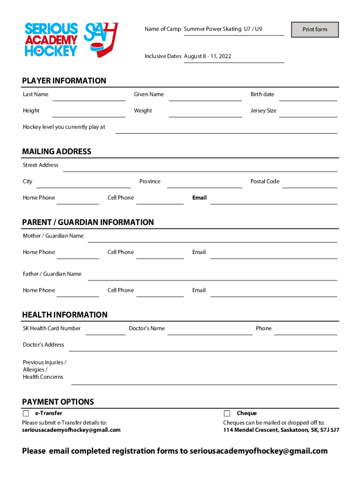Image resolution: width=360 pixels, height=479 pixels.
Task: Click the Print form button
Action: click(x=315, y=29)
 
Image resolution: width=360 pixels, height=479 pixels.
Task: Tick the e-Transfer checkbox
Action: click(x=26, y=414)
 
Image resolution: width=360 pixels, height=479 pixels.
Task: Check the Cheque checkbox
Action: click(x=227, y=414)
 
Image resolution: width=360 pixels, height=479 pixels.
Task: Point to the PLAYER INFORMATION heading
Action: click(x=64, y=81)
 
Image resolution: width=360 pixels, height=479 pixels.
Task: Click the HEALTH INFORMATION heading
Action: click(x=65, y=315)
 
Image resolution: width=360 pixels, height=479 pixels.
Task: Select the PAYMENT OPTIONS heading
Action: click(x=58, y=402)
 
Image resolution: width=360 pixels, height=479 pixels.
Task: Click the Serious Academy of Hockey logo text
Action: click(x=51, y=39)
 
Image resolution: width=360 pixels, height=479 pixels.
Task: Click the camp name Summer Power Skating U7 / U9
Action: click(x=223, y=29)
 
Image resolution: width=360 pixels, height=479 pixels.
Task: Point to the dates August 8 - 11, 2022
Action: click(x=208, y=57)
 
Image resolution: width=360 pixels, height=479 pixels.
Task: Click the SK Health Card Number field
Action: click(x=105, y=330)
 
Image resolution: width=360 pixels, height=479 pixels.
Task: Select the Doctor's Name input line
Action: click(x=210, y=330)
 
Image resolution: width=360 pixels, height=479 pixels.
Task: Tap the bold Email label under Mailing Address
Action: click(x=199, y=198)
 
